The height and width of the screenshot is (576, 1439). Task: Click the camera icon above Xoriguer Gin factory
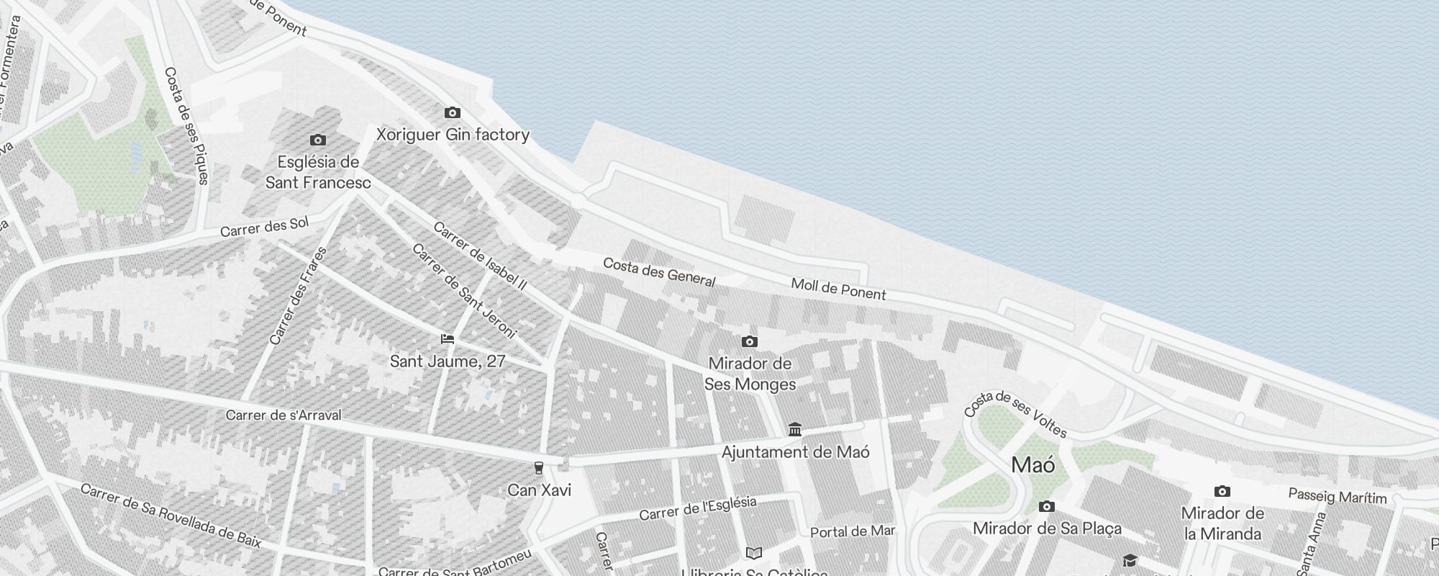point(452,112)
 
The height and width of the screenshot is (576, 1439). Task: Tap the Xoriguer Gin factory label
point(453,135)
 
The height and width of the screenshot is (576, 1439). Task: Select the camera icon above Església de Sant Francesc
point(317,140)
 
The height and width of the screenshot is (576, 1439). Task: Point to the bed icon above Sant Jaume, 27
point(448,339)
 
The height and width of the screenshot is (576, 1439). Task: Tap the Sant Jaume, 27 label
point(448,361)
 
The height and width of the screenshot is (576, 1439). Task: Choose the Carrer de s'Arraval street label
point(283,415)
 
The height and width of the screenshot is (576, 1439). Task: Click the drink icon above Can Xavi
point(538,469)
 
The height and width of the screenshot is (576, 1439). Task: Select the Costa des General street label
point(659,272)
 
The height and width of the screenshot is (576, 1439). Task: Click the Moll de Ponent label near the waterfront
point(838,289)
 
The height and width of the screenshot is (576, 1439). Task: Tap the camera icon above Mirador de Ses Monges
point(750,341)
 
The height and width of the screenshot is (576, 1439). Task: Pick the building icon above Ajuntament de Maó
point(795,430)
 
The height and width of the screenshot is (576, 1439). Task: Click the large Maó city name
point(1033,465)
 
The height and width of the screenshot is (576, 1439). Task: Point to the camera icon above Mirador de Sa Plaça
point(1047,507)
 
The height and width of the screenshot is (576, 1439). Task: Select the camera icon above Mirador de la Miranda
point(1222,492)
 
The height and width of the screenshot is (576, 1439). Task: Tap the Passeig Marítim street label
point(1337,497)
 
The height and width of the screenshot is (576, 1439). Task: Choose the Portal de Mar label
point(853,532)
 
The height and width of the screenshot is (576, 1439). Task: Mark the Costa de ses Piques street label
point(186,125)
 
